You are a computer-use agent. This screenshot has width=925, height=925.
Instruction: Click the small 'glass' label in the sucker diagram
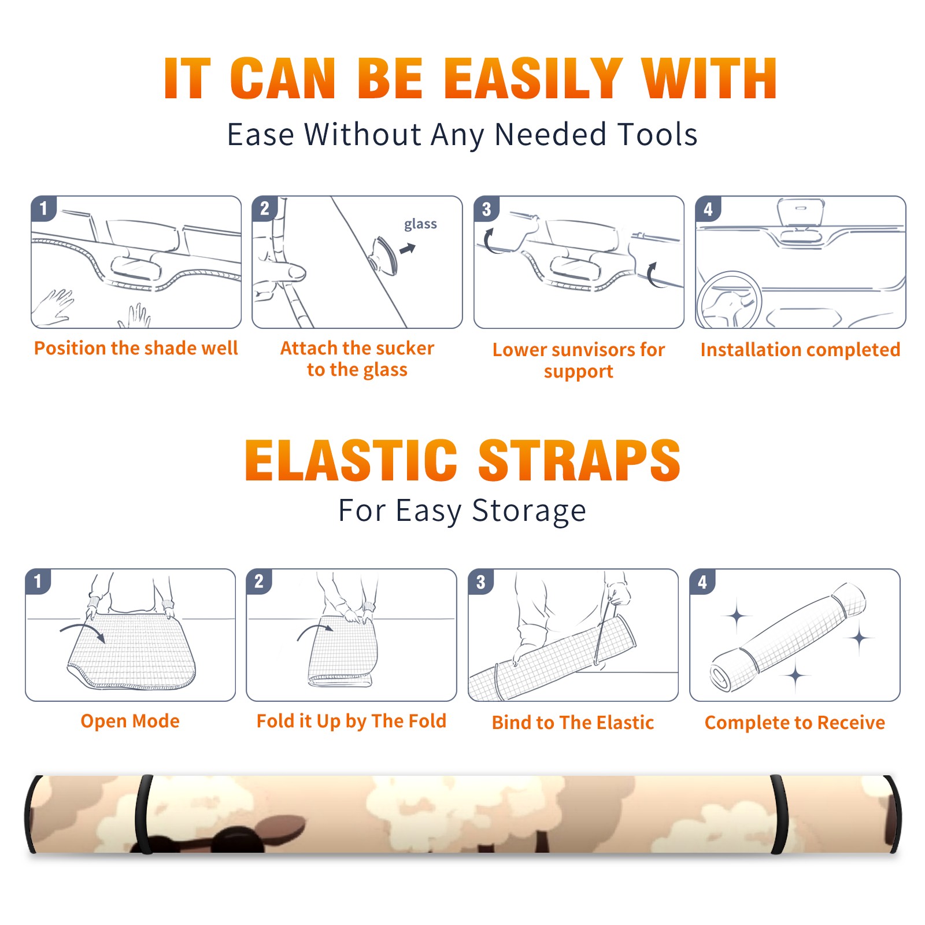coord(420,224)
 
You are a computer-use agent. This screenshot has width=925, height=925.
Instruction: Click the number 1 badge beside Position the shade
coord(44,208)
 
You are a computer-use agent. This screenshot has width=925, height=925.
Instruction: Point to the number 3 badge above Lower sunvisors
coord(486,209)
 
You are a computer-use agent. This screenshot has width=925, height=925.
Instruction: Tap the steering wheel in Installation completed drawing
coord(729,300)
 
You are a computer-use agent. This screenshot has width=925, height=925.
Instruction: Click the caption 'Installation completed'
coord(800,350)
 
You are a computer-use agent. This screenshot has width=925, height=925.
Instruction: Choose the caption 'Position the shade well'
coord(136,348)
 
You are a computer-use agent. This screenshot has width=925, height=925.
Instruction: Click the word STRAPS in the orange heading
coord(579,460)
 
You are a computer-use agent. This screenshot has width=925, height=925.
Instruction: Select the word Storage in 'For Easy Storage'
coord(529,512)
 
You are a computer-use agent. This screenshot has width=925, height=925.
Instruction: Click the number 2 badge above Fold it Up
coord(259,581)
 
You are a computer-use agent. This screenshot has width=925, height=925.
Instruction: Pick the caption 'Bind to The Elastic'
coord(573,723)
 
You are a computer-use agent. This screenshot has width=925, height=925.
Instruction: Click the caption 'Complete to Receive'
coord(795,723)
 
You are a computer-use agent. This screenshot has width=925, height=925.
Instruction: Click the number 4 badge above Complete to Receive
coord(702,582)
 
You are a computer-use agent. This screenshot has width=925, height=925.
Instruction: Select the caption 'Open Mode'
coord(130,721)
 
